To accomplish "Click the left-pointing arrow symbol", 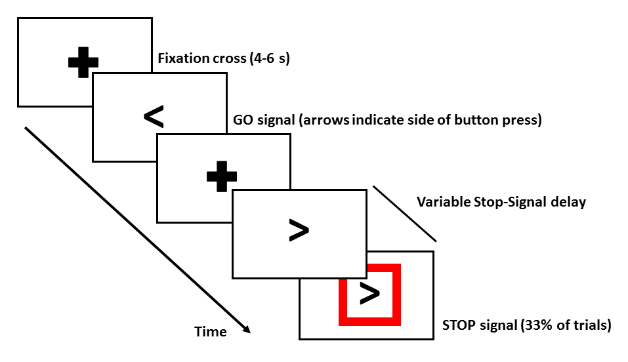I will point(154,117).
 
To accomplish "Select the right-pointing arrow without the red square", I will point(299,230).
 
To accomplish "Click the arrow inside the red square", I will point(369,294).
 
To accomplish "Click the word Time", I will point(211,332).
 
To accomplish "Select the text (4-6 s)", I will point(270,58).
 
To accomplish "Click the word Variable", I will point(444,202).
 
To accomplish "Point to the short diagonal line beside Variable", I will point(405,213).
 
